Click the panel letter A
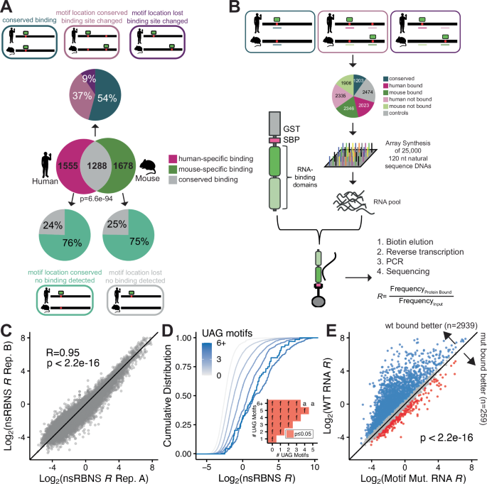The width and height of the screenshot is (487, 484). point(8,7)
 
